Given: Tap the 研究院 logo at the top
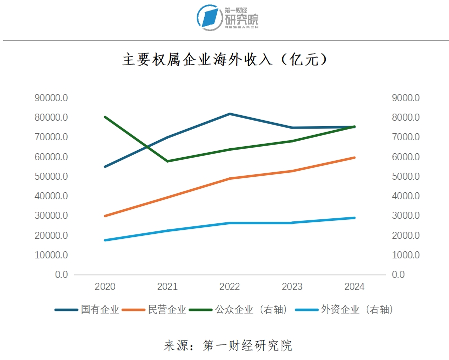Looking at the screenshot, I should tap(228, 17).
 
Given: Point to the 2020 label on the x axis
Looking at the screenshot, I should tap(105, 287).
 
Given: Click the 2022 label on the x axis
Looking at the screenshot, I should tap(230, 287).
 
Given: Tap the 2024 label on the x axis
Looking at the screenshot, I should tap(354, 287).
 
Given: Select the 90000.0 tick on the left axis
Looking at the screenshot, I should tap(51, 98).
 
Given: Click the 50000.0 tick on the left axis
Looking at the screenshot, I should tap(51, 177).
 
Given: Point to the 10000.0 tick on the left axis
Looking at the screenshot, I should tap(51, 255).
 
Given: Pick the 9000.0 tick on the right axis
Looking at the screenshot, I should tap(405, 98).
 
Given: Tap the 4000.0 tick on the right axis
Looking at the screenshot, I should tap(405, 196).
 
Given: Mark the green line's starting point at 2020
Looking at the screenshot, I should tap(105, 117).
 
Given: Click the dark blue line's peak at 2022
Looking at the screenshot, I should tap(230, 114).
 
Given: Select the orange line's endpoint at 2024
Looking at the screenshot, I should tap(354, 158).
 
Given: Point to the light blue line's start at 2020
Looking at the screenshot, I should tap(105, 240).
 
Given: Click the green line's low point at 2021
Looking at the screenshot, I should tap(167, 161).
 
